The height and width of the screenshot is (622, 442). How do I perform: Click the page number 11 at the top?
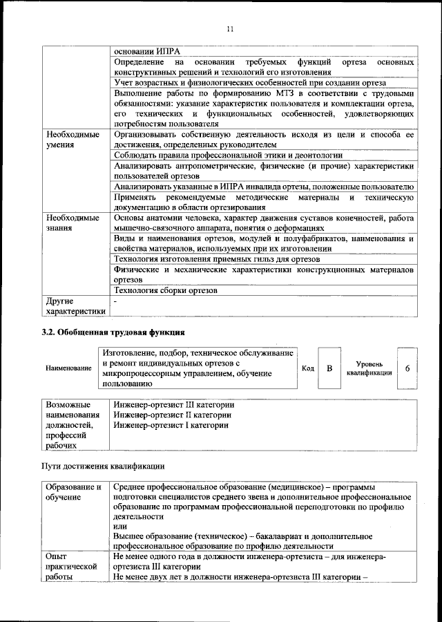(231, 28)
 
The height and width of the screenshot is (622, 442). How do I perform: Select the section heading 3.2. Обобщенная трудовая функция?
(113, 333)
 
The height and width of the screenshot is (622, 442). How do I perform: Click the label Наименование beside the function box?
(68, 368)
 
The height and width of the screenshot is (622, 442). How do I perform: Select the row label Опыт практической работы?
(69, 568)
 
